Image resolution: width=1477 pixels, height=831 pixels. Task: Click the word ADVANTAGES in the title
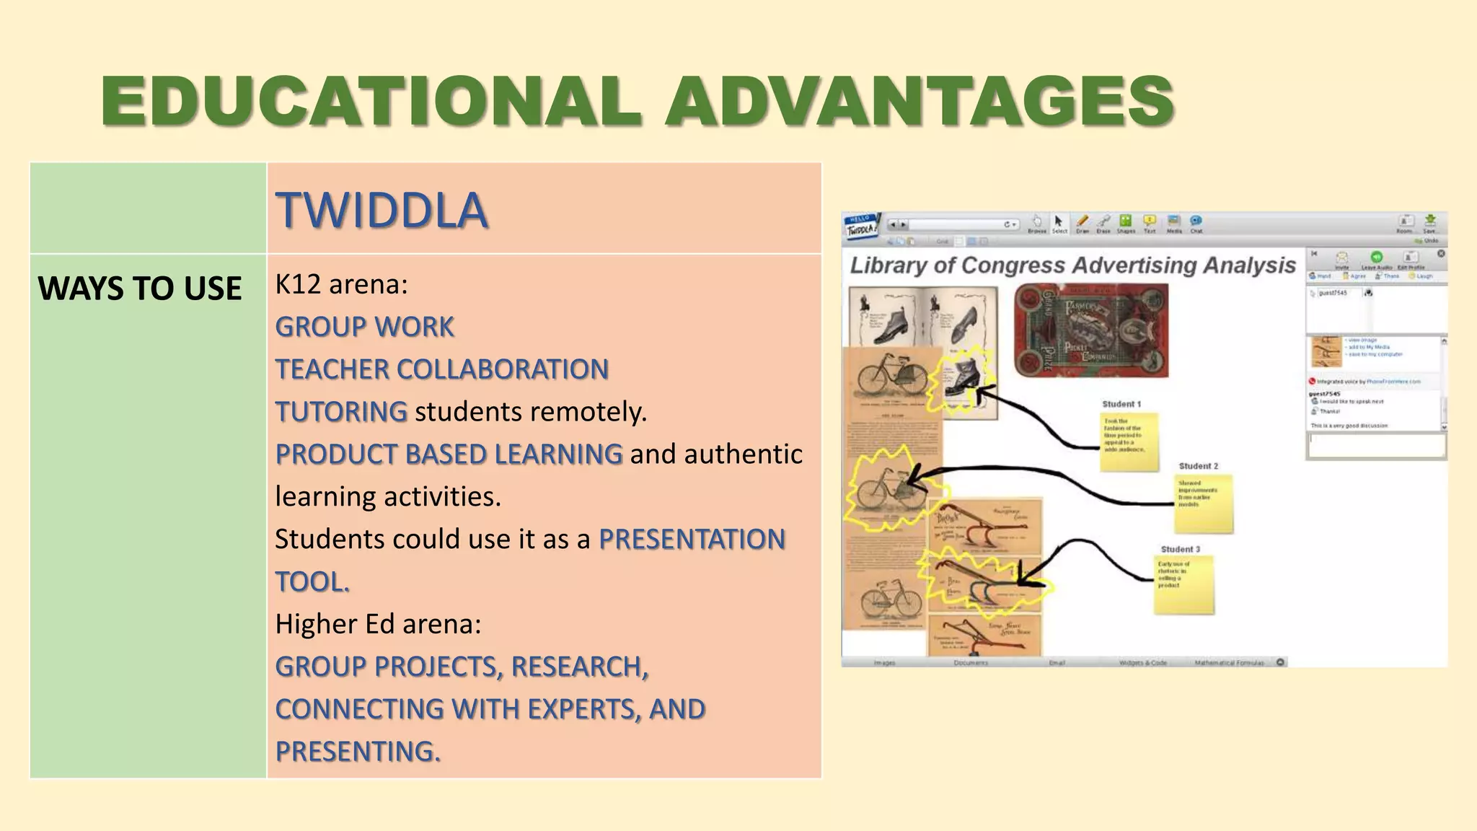click(x=920, y=101)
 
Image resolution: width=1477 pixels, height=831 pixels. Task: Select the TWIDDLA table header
click(x=382, y=211)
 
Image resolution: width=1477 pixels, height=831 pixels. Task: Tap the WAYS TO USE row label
click(x=140, y=289)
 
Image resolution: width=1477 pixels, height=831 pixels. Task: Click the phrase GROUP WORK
click(x=364, y=327)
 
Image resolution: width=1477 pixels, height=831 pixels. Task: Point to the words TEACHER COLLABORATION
click(x=441, y=369)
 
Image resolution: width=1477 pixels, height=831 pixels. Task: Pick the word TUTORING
click(x=341, y=412)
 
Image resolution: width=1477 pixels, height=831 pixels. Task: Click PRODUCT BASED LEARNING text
click(x=449, y=454)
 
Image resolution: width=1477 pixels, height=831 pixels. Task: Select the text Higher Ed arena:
click(x=378, y=624)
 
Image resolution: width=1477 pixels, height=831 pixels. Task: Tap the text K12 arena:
click(x=341, y=284)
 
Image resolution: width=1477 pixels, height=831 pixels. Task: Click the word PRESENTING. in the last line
click(x=358, y=752)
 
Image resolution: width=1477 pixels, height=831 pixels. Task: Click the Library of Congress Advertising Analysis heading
click(x=1072, y=265)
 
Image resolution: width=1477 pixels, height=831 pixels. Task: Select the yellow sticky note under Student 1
click(x=1129, y=441)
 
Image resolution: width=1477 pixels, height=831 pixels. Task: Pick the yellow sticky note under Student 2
click(x=1204, y=503)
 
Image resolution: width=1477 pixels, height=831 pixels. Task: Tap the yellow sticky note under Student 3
click(x=1183, y=584)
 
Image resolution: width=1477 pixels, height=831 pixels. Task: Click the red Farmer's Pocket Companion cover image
click(x=1090, y=330)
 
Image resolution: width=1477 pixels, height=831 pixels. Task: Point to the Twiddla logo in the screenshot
click(x=862, y=226)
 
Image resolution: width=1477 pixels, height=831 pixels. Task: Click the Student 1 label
click(x=1121, y=404)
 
